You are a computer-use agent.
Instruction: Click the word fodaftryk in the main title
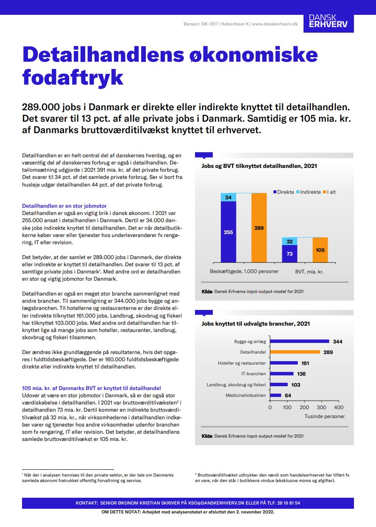(x=72, y=78)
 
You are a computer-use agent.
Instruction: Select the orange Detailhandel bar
(x=295, y=352)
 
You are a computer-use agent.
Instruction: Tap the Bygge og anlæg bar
(x=300, y=341)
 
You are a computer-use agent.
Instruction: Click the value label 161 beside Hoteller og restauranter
(x=305, y=363)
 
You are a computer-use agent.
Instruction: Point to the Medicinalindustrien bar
(x=276, y=395)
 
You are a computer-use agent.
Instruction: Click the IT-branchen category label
(x=253, y=374)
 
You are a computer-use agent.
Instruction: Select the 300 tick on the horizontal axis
(x=322, y=407)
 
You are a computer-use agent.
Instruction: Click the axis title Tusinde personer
(x=324, y=416)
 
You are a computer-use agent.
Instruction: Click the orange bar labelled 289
(x=259, y=228)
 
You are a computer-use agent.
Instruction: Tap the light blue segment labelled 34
(x=228, y=198)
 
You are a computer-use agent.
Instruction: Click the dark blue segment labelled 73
(x=290, y=254)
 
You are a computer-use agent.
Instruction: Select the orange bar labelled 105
(x=320, y=250)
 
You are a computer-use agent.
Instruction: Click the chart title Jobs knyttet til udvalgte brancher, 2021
(x=256, y=323)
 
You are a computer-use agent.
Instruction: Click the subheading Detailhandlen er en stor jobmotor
(x=64, y=206)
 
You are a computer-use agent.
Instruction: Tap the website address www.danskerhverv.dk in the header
(x=275, y=24)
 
